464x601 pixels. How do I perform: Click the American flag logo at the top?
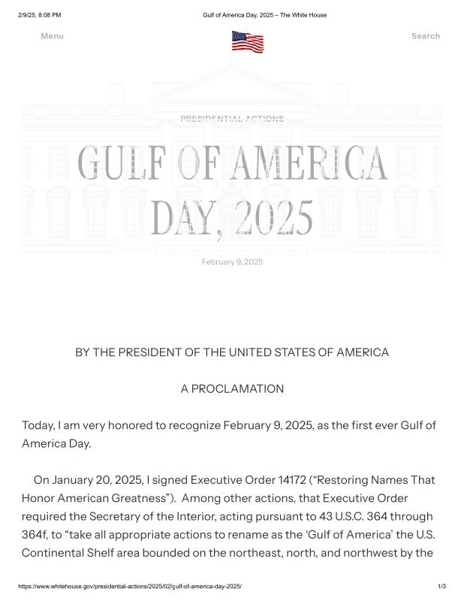click(x=247, y=41)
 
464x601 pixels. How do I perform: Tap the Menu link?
click(x=52, y=36)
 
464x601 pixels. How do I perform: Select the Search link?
click(x=425, y=36)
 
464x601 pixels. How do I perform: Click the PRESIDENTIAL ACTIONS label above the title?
click(x=232, y=119)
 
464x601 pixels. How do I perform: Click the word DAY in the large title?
click(x=180, y=218)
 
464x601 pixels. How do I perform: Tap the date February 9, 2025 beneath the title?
click(x=232, y=261)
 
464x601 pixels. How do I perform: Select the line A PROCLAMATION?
click(x=232, y=388)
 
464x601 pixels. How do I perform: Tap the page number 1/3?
click(x=441, y=586)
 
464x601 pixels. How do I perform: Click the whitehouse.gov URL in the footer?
click(x=129, y=586)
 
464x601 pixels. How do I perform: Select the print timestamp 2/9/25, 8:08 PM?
click(x=39, y=15)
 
